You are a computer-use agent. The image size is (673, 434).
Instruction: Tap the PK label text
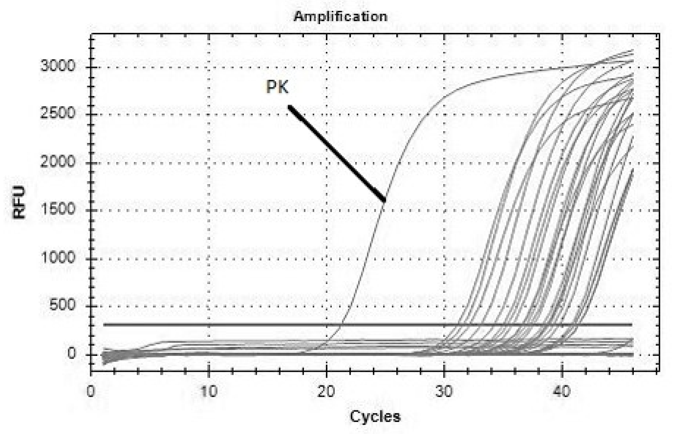pyautogui.click(x=277, y=87)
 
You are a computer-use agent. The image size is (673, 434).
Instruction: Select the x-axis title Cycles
pyautogui.click(x=375, y=416)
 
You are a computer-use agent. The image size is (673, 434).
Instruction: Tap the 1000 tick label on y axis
pyautogui.click(x=58, y=257)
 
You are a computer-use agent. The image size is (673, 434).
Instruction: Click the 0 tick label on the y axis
pyautogui.click(x=71, y=353)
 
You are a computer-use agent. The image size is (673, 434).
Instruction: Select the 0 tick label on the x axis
pyautogui.click(x=90, y=391)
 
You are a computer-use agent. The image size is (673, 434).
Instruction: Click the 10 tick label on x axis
pyautogui.click(x=209, y=391)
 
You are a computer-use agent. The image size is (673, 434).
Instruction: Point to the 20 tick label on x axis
pyautogui.click(x=326, y=391)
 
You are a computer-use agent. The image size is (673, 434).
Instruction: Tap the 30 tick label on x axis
pyautogui.click(x=444, y=391)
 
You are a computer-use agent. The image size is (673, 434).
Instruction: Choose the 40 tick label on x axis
pyautogui.click(x=562, y=391)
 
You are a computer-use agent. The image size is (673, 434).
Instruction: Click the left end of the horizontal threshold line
pyautogui.click(x=104, y=325)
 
